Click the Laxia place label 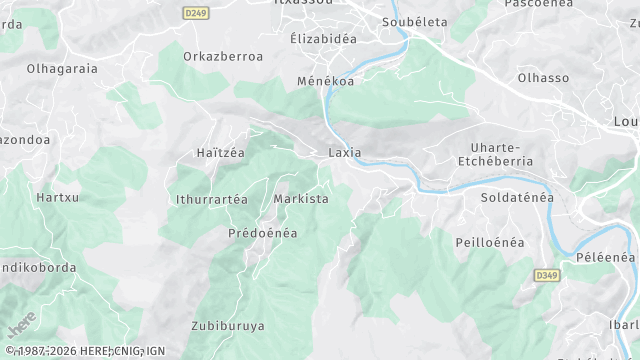[x=344, y=153]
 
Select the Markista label [x=301, y=199]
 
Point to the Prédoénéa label [x=263, y=233]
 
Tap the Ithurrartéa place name [x=211, y=199]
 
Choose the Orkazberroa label [x=223, y=57]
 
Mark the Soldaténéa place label [x=517, y=198]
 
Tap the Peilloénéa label [x=491, y=243]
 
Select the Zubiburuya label [x=228, y=325]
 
